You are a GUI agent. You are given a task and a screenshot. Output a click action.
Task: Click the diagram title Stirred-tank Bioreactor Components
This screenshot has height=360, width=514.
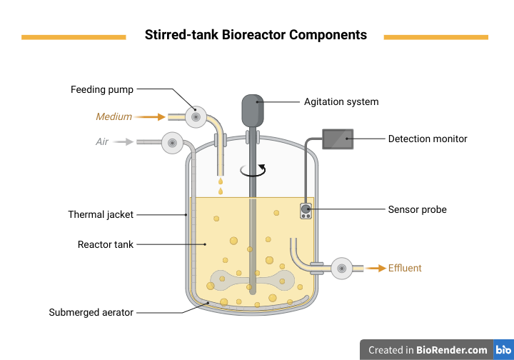click(256, 35)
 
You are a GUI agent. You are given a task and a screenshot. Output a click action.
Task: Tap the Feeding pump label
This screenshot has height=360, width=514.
click(102, 89)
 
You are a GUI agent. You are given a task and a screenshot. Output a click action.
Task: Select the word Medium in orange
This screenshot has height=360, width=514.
click(114, 116)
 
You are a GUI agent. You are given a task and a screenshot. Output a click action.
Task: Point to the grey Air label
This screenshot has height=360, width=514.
click(102, 141)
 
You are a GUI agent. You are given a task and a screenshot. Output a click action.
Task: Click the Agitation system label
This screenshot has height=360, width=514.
click(341, 101)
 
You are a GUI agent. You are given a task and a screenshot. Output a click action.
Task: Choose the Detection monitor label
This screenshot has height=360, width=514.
click(428, 139)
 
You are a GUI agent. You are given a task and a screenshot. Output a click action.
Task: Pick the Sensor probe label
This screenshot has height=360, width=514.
click(418, 209)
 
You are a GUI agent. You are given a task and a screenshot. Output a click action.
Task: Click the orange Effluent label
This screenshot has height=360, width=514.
click(405, 269)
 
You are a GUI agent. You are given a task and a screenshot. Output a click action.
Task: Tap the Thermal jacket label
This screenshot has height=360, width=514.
click(101, 214)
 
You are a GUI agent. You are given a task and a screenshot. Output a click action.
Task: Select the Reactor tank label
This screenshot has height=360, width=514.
click(106, 244)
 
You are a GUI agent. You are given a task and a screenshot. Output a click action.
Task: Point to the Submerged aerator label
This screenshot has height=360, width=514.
click(91, 312)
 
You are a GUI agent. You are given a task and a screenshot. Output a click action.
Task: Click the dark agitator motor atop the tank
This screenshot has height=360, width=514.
click(252, 109)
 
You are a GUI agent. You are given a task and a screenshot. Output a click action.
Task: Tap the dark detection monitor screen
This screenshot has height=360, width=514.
click(338, 139)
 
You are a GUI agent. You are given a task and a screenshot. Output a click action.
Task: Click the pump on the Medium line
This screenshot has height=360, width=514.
click(195, 116)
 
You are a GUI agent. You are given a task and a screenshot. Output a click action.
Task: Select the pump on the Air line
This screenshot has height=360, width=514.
click(172, 141)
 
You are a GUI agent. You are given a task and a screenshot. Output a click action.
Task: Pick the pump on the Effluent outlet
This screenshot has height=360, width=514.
click(341, 269)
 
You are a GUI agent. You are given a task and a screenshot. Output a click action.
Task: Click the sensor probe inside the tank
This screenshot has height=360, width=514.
click(306, 211)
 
